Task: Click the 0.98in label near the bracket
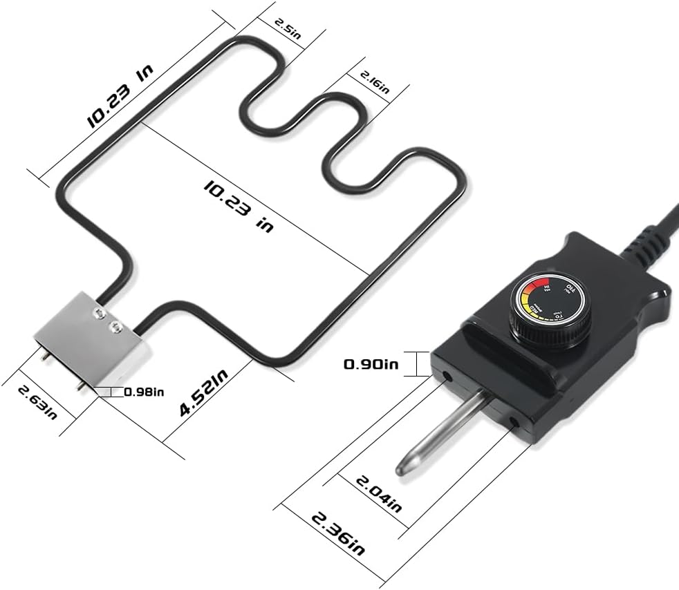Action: pos(144,392)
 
